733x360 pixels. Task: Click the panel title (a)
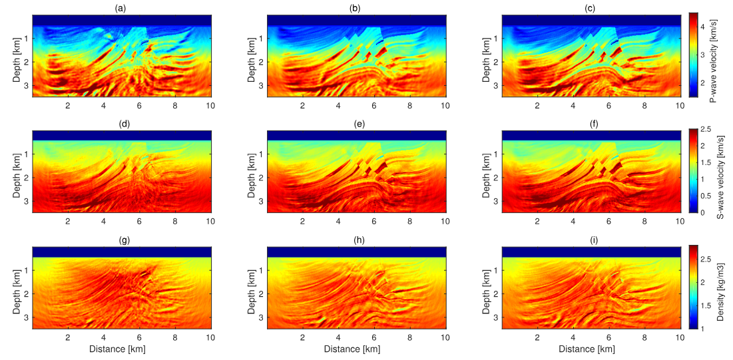121,7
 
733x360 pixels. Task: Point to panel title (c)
591,7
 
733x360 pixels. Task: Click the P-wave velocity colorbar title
712,55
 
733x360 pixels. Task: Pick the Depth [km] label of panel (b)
252,55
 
